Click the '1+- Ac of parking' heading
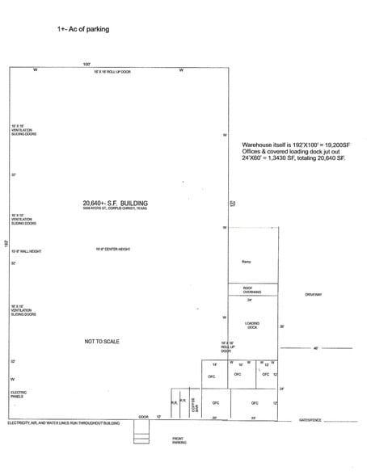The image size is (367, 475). (x=83, y=29)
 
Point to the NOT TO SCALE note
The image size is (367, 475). (x=103, y=342)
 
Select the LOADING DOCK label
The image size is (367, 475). (x=251, y=325)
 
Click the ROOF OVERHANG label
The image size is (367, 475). (x=252, y=289)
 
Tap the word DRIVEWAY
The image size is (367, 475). (x=314, y=295)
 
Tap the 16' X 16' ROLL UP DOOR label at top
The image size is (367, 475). (x=112, y=73)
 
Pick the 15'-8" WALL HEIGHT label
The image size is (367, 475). (x=26, y=251)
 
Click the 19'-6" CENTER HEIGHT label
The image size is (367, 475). (x=112, y=250)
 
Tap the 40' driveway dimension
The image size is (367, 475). (x=316, y=348)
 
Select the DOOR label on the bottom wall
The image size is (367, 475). (x=143, y=417)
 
